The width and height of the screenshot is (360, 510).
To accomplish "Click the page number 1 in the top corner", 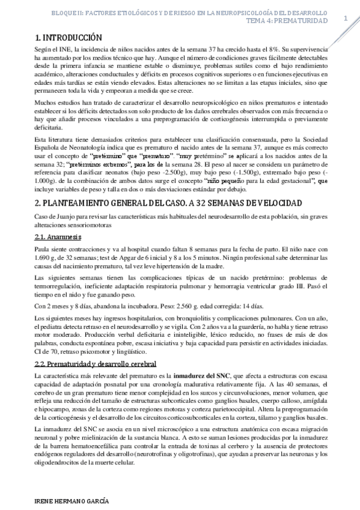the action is pyautogui.click(x=345, y=18).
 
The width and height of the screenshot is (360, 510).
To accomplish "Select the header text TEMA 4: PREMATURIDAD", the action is pyautogui.click(x=287, y=20).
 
